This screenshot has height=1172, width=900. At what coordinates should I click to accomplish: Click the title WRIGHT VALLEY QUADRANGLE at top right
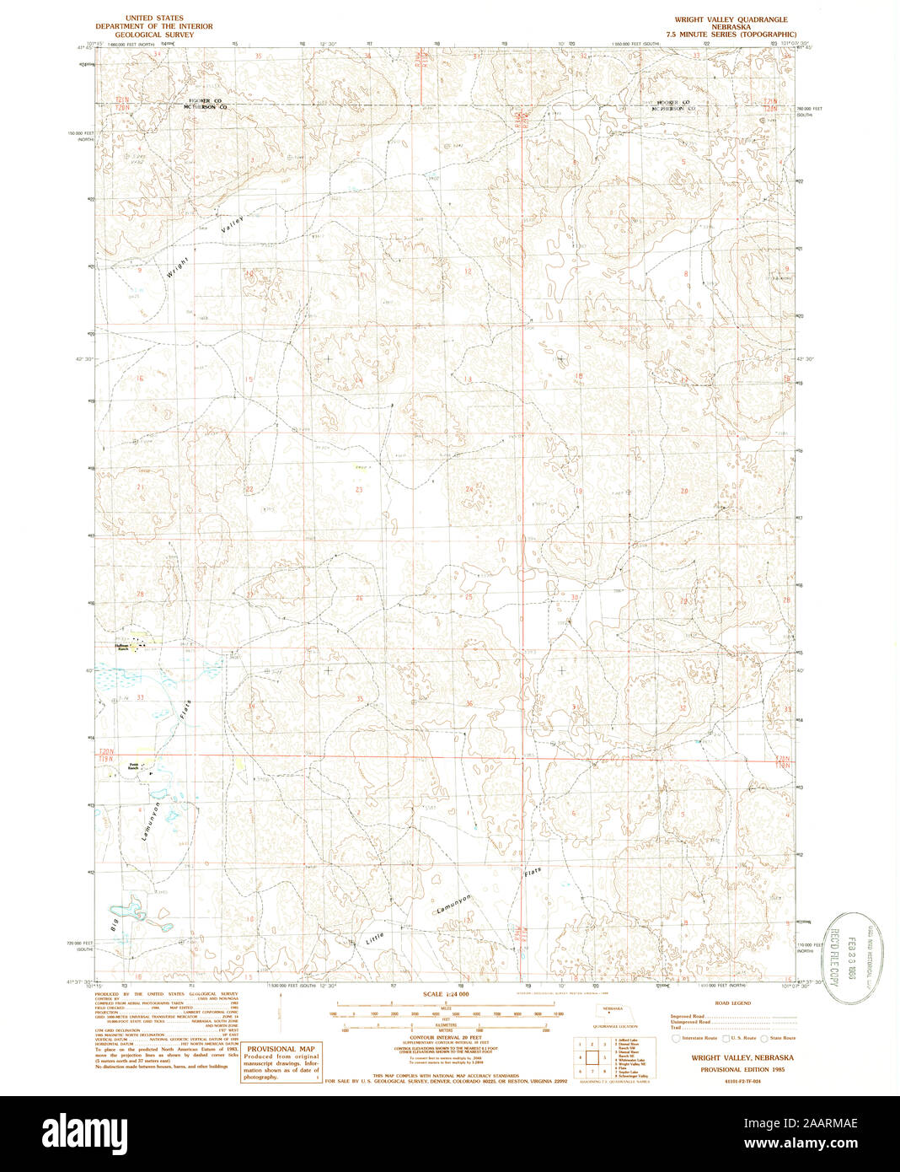click(x=731, y=19)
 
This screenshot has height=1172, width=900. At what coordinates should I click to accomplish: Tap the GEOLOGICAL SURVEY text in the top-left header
click(x=154, y=35)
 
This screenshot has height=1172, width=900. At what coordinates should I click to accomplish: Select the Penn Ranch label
click(x=132, y=766)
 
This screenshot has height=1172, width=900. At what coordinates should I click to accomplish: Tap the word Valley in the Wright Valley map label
click(x=233, y=224)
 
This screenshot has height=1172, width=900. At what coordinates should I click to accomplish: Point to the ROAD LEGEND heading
click(x=732, y=1003)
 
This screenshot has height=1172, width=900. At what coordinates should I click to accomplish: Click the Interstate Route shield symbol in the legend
click(x=675, y=1038)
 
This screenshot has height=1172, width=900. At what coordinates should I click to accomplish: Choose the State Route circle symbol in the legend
click(x=763, y=1038)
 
